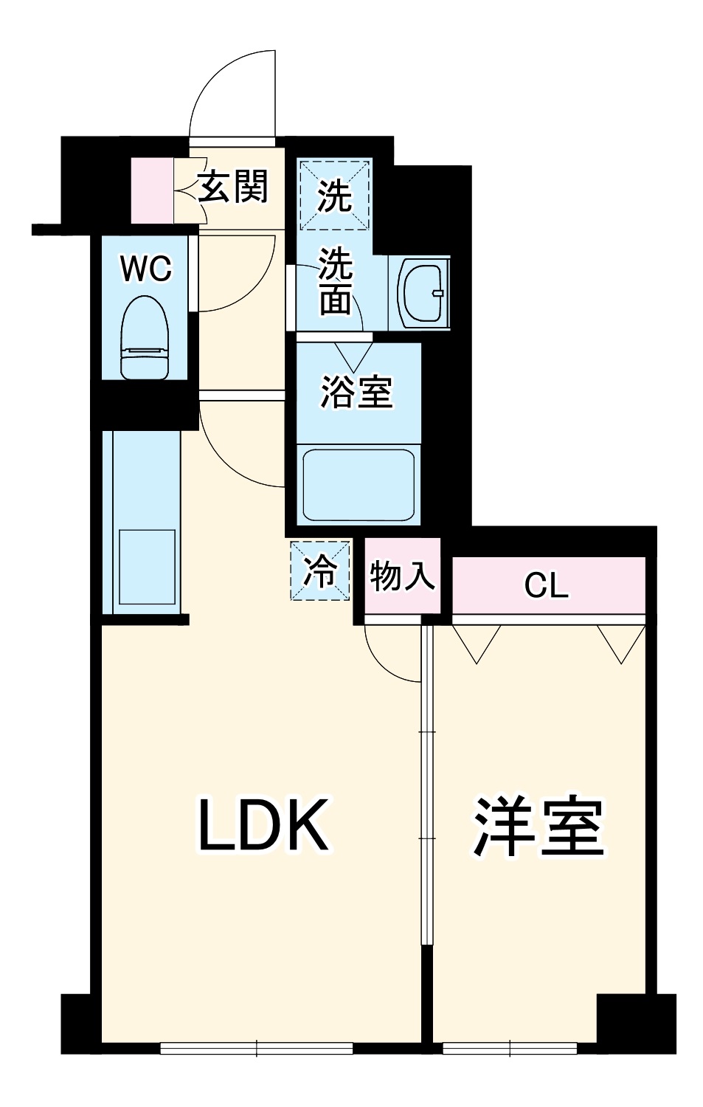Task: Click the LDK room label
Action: click(263, 826)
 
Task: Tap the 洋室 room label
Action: click(538, 827)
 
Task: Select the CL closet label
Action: click(546, 586)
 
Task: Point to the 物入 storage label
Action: click(402, 576)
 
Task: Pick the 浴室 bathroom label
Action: click(356, 391)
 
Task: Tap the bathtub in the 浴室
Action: click(359, 485)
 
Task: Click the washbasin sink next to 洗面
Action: click(422, 292)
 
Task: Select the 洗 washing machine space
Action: click(334, 196)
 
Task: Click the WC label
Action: click(146, 269)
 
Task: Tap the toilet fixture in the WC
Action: click(145, 337)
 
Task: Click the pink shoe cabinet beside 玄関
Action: click(151, 190)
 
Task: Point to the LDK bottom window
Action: click(256, 1048)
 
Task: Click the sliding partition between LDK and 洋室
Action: click(426, 782)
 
